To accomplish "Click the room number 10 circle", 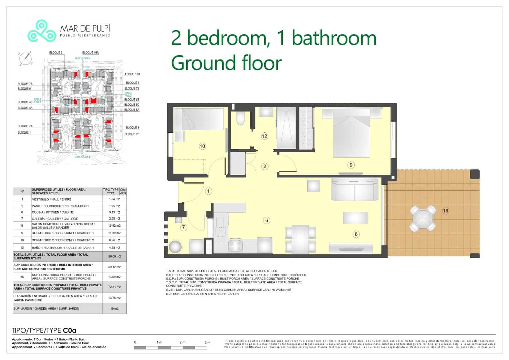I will point(202,146).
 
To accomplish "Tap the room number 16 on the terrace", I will point(445,211).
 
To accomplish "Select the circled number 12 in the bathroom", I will point(264,136).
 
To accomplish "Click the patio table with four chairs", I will point(423,218).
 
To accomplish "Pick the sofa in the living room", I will point(355,190).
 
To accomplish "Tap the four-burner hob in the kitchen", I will point(235,246).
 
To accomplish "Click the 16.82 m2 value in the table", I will point(114,226).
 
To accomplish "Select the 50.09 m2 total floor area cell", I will point(114,257).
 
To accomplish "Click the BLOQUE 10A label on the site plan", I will point(90,53).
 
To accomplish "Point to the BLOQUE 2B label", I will point(132,134).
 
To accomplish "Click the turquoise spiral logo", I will point(42,31).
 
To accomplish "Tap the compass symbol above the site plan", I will point(25,59).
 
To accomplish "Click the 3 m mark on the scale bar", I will point(207,342).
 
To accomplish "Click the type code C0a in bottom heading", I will point(69,330).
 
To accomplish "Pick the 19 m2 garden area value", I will point(114,309).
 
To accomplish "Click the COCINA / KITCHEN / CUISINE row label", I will point(52,212).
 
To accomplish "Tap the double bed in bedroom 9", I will point(352,134).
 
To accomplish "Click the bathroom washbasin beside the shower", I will point(266,112).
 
